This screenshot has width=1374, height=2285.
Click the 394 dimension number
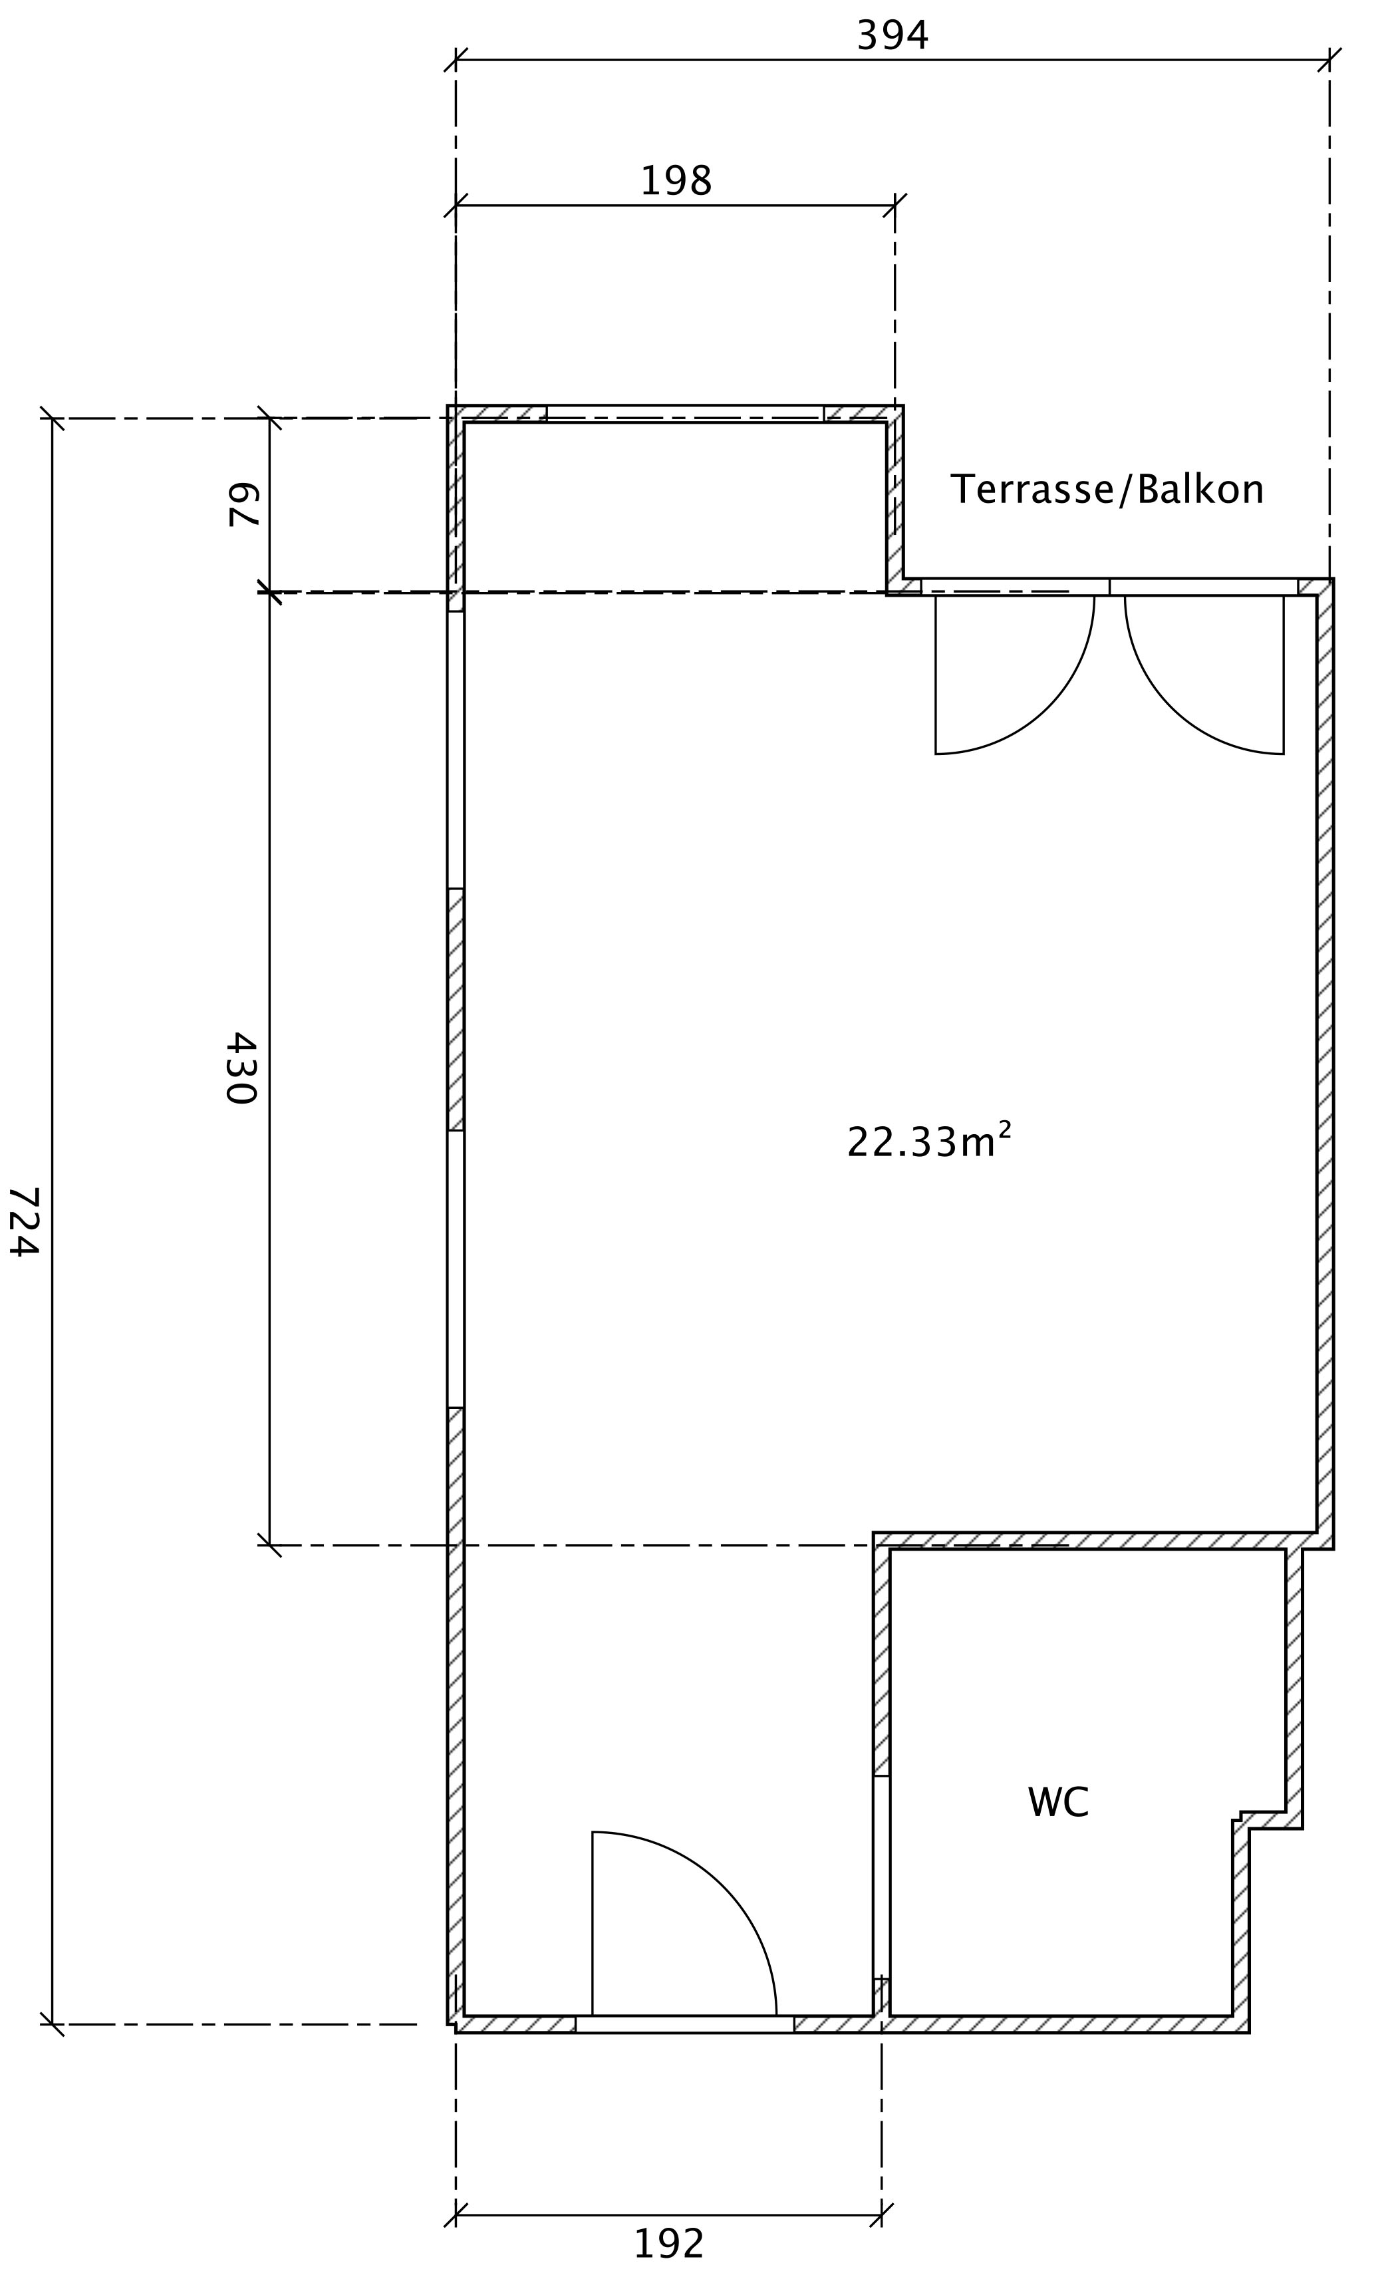(x=893, y=35)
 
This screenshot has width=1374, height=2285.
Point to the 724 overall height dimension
(x=24, y=1221)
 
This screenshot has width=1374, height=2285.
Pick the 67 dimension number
(x=243, y=505)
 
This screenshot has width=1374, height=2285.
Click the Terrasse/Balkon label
(x=1107, y=489)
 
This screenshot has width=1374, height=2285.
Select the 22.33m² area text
(x=928, y=1141)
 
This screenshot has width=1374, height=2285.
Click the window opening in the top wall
(x=685, y=413)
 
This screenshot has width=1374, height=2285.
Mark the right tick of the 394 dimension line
(x=1329, y=60)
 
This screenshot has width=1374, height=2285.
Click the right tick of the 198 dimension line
(x=894, y=206)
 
